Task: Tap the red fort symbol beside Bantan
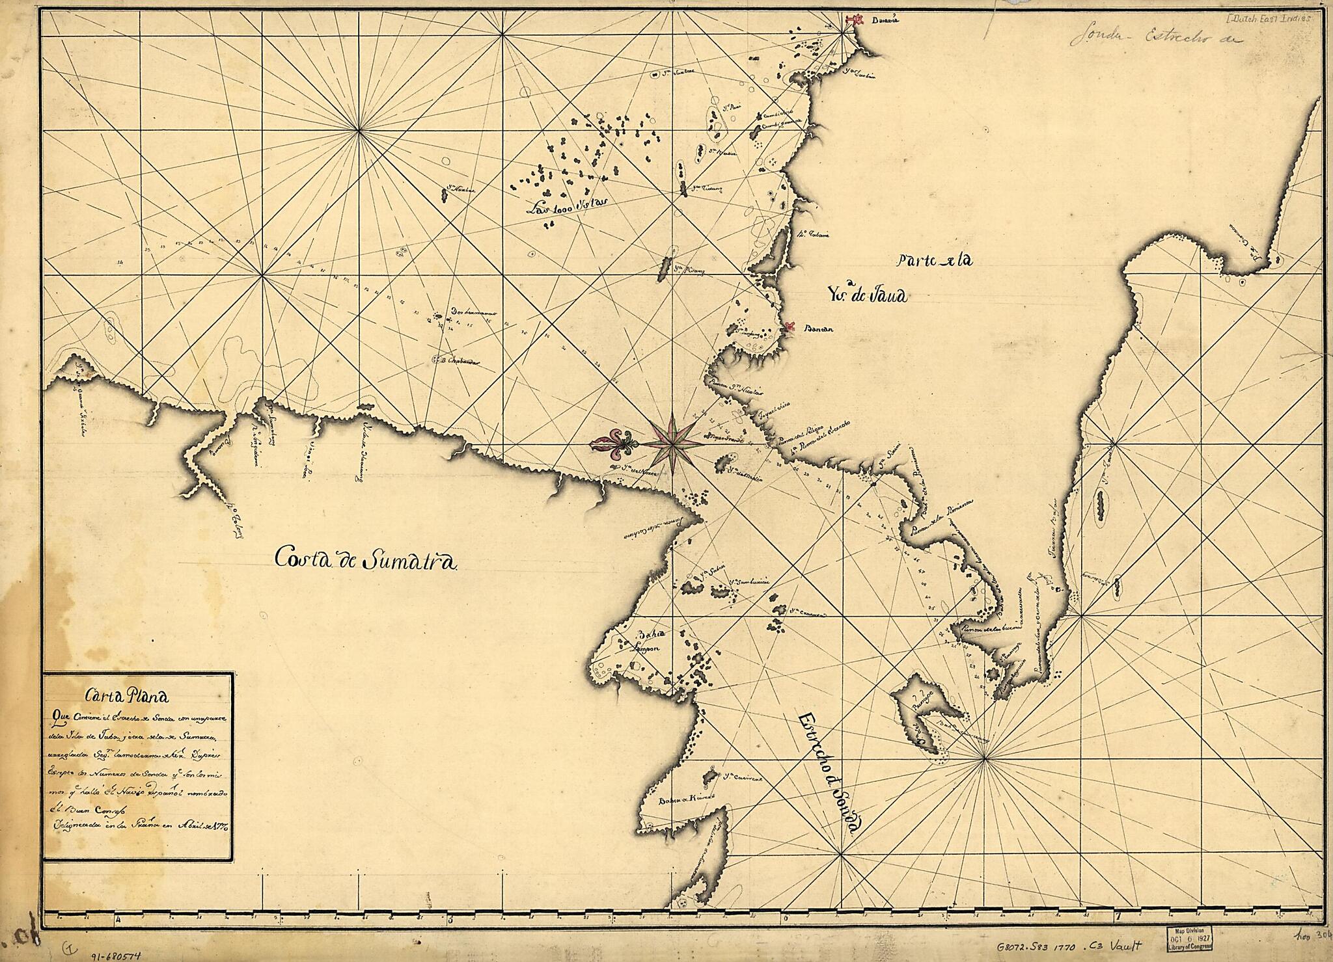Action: pyautogui.click(x=789, y=327)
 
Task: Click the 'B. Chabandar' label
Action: pyautogui.click(x=464, y=360)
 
